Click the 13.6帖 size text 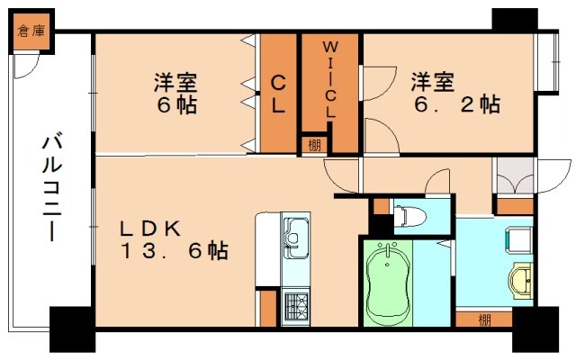click(x=175, y=249)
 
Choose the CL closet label click(x=279, y=94)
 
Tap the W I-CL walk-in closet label click(x=330, y=79)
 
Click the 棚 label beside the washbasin click(x=484, y=318)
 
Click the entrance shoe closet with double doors click(x=514, y=177)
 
